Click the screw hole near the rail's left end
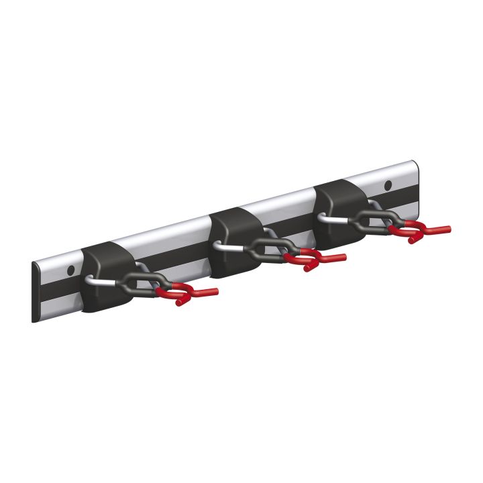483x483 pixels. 70,270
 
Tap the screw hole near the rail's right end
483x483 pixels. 388,184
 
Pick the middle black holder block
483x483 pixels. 231,238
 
